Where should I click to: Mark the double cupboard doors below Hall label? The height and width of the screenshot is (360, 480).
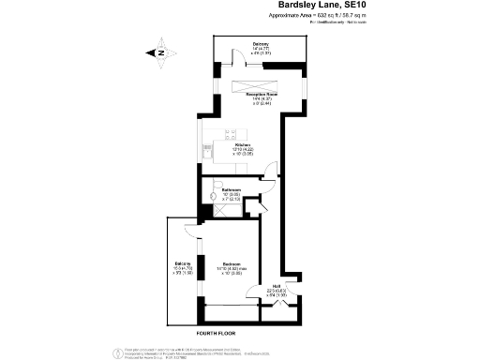point(279,305)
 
